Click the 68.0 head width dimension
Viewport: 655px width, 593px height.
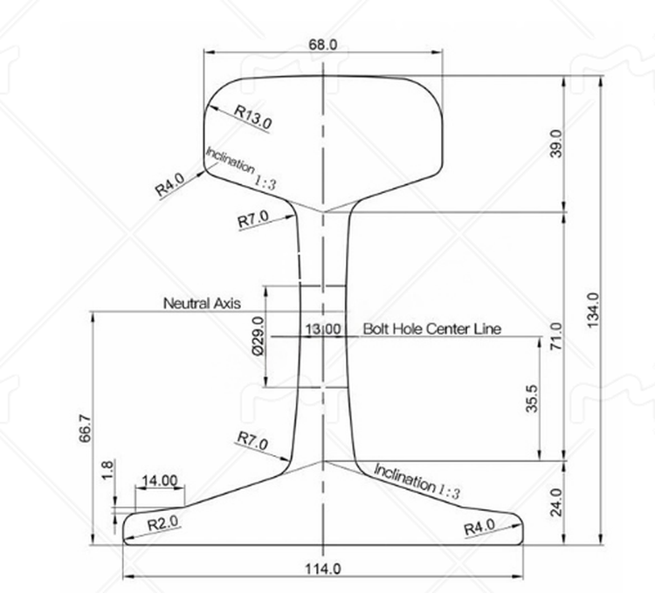(x=321, y=43)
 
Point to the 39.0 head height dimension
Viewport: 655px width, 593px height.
(x=555, y=142)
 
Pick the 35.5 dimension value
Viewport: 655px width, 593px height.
(x=532, y=397)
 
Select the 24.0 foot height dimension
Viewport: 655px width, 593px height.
(x=556, y=502)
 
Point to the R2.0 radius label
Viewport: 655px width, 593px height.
(x=162, y=524)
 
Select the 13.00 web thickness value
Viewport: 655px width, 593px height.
(x=323, y=329)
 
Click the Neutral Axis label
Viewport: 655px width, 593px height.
(x=202, y=303)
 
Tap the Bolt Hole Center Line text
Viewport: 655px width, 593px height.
(x=431, y=329)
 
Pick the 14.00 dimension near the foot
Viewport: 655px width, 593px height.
(x=158, y=481)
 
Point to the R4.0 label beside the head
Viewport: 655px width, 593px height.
(x=169, y=185)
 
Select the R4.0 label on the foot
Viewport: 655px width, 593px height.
(x=479, y=527)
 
